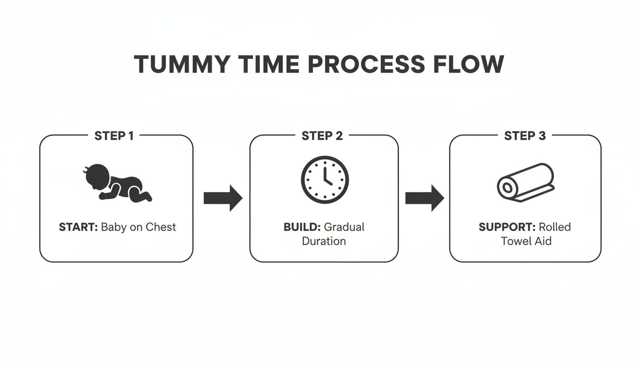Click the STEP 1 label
[x=114, y=136]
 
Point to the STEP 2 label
[x=322, y=136]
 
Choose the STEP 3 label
[x=525, y=136]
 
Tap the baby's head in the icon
[x=97, y=176]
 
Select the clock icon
[x=325, y=180]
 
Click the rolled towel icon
[x=525, y=182]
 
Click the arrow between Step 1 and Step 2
[x=223, y=198]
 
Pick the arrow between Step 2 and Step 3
[x=424, y=198]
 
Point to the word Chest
[x=160, y=227]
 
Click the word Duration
[x=324, y=241]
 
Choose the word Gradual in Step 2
[x=344, y=227]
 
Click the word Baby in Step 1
[x=114, y=227]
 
